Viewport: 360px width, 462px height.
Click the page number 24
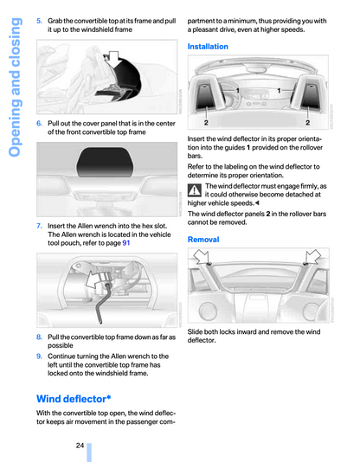tap(80, 446)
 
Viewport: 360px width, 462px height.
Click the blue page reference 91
tap(126, 243)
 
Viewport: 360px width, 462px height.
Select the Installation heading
tap(208, 47)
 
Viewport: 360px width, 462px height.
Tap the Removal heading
tap(203, 240)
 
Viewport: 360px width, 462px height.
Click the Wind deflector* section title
tap(74, 399)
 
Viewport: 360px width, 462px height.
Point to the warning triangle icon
tap(195, 190)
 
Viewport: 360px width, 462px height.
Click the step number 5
tap(39, 21)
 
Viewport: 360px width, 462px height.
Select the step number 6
tap(39, 124)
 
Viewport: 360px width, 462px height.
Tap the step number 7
tap(39, 226)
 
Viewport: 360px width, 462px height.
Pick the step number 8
tap(39, 337)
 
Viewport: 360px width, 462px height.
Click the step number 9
tap(39, 356)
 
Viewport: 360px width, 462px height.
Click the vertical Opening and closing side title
tap(15, 87)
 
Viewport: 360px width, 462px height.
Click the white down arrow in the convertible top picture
tap(112, 59)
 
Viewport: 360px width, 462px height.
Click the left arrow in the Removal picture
tap(202, 256)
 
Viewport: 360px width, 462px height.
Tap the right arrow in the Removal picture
tap(313, 256)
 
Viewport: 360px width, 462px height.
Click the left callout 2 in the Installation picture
tap(206, 122)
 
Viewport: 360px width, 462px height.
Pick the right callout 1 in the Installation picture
tap(279, 91)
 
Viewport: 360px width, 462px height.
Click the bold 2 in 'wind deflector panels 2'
tap(268, 214)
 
